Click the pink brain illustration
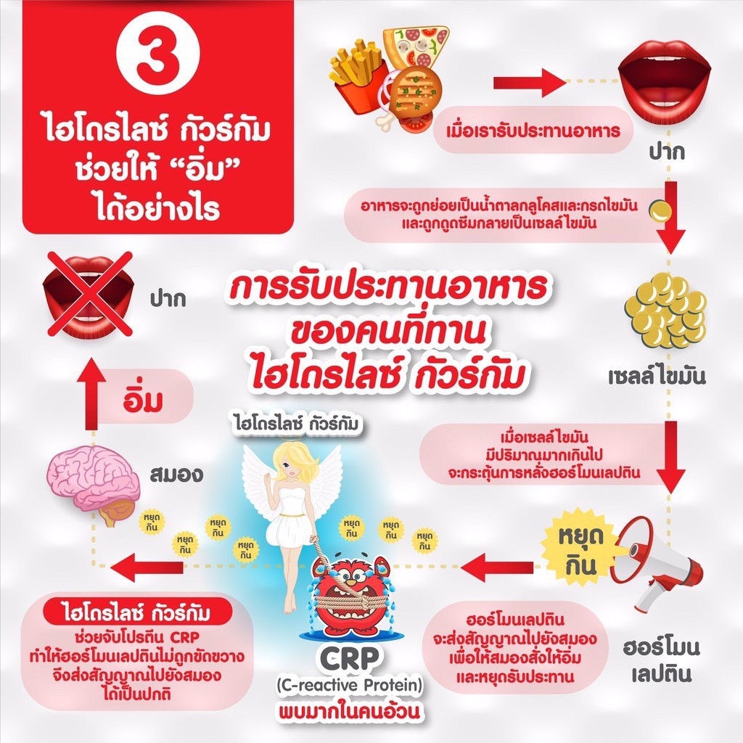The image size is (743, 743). (94, 483)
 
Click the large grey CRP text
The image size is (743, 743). (349, 657)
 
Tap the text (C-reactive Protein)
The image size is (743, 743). (349, 685)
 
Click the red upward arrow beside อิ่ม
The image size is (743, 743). (91, 394)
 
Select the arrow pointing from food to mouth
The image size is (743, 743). (530, 83)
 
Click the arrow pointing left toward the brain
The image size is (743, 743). (147, 567)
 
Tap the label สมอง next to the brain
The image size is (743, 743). (176, 475)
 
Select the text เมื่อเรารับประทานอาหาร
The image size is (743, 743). (533, 130)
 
